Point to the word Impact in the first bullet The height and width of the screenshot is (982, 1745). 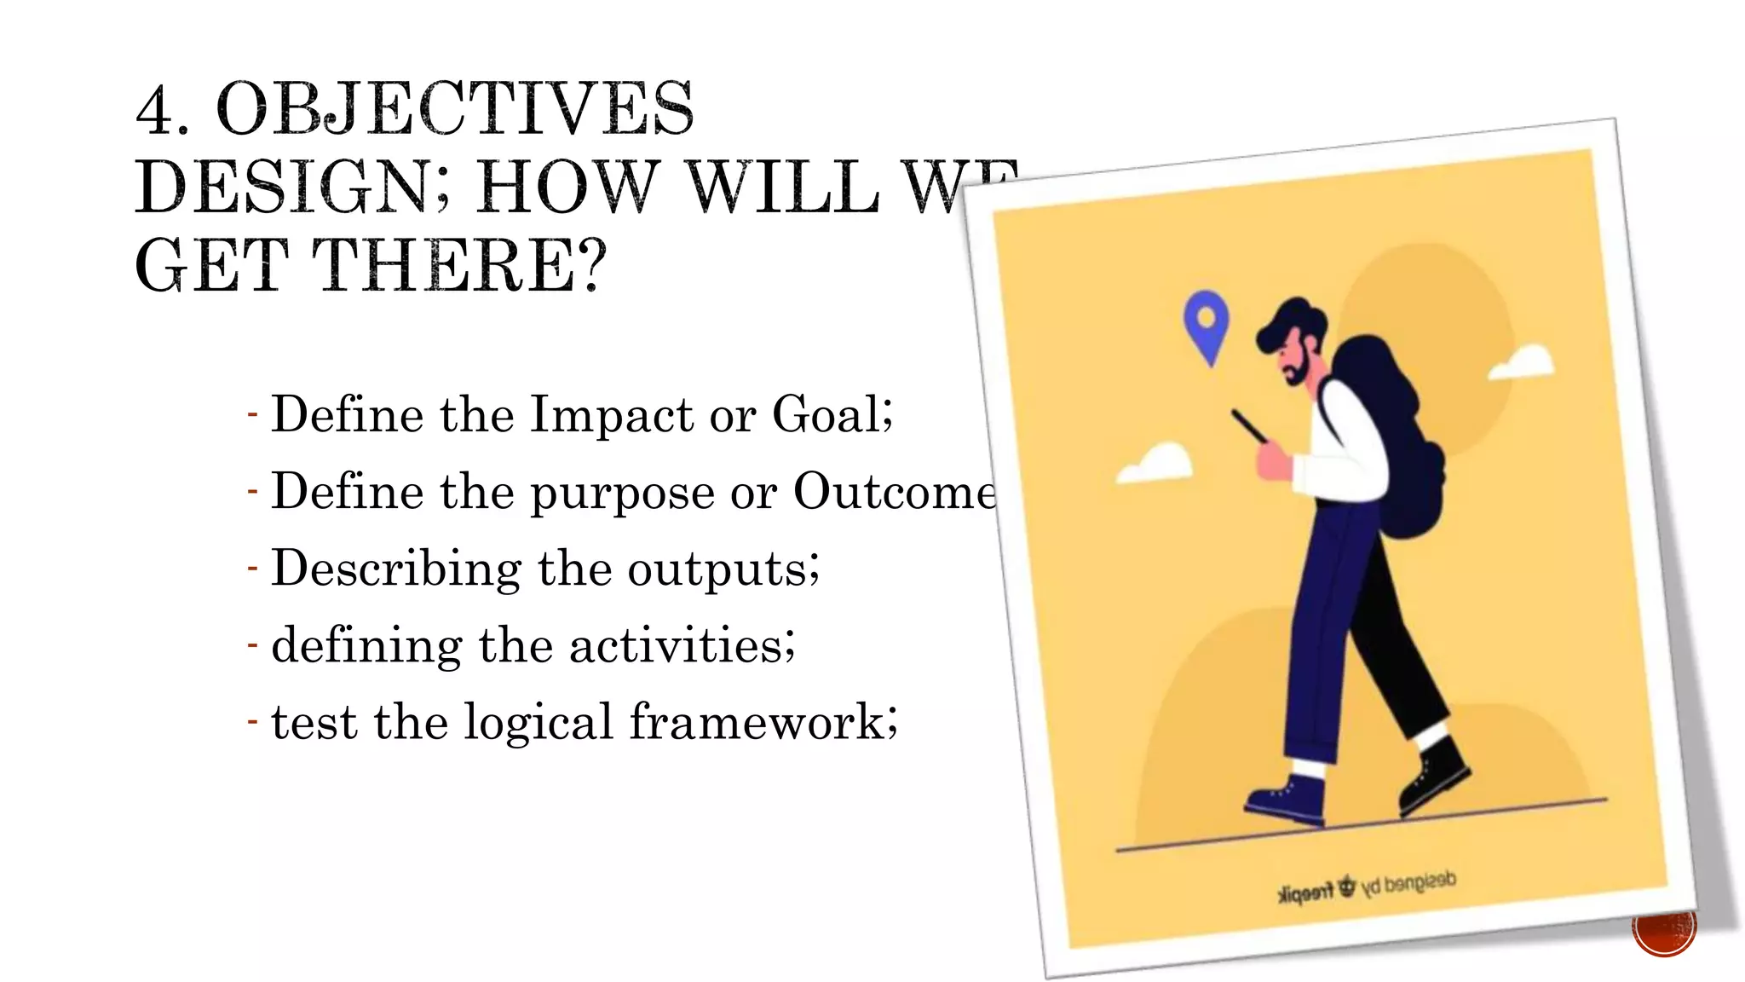612,415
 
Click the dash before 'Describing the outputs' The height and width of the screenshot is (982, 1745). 252,568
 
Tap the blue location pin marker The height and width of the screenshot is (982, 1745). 1207,324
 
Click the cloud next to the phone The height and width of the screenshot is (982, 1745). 1157,465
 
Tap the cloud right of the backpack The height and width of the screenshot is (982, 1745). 1523,362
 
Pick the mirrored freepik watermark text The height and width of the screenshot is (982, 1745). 1368,887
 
